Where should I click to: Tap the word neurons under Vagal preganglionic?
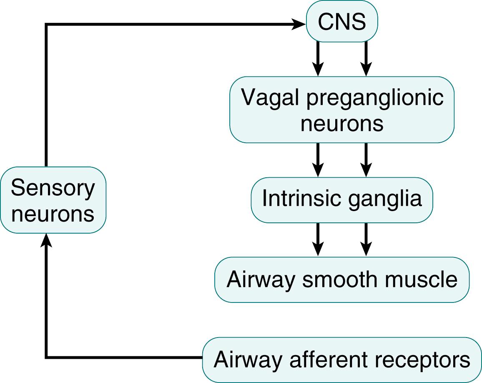341,124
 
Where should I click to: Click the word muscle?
421,279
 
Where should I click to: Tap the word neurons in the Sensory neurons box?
53,214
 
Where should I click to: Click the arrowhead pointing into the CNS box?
300,25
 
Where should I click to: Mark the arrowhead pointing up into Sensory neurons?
46,240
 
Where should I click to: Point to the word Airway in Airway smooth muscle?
255,280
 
